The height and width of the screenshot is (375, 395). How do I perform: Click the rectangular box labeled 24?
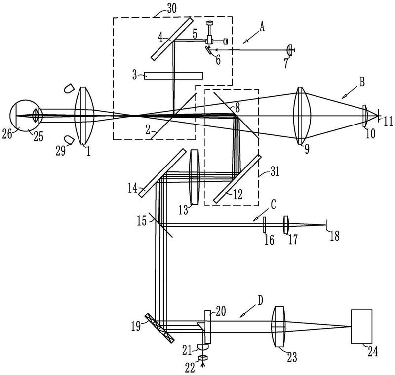point(361,327)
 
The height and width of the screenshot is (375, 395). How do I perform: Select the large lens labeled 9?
point(302,116)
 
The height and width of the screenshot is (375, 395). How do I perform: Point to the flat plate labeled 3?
point(174,76)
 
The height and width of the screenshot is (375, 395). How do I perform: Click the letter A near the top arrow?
point(262,27)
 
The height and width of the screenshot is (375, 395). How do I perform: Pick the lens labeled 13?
point(195,176)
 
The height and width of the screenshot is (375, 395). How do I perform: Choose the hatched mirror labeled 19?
point(159,328)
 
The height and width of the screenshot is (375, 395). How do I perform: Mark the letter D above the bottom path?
point(260,300)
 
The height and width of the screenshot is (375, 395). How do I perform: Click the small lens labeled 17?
point(286,225)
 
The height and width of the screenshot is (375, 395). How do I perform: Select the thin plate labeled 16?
point(265,225)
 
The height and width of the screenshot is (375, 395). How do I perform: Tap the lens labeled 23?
point(278,327)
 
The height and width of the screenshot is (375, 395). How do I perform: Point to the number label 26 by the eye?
point(7,134)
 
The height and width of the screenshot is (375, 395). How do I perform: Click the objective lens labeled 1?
point(84,116)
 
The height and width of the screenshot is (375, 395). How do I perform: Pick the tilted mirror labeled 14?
point(162,173)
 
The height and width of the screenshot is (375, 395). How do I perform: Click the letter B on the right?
point(362,82)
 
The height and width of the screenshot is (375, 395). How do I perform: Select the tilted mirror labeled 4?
point(172,39)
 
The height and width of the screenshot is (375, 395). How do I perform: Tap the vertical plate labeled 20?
point(207,327)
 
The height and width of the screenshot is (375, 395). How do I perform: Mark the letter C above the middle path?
point(273,205)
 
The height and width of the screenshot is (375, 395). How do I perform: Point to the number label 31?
point(275,172)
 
